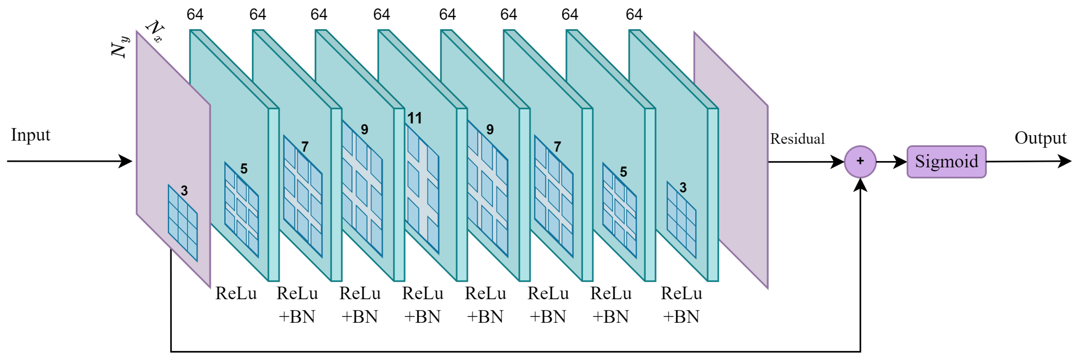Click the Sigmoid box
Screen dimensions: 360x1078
click(x=946, y=162)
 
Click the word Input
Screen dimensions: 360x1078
click(x=31, y=135)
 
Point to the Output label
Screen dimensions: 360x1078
click(x=1040, y=138)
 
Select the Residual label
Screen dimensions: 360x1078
click(x=797, y=139)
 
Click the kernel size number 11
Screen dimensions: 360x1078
click(x=414, y=118)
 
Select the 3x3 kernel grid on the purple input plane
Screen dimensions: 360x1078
click(x=182, y=223)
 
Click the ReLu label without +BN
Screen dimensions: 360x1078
click(x=236, y=294)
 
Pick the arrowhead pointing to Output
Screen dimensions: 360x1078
click(x=1065, y=161)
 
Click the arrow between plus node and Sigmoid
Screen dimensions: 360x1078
click(x=891, y=162)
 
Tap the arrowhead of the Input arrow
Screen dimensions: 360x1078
click(x=125, y=161)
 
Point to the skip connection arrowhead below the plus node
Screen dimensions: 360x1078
click(x=860, y=185)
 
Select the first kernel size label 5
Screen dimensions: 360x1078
click(x=244, y=169)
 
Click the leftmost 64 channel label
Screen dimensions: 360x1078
click(x=195, y=15)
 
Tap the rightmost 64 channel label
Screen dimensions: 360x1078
click(x=634, y=15)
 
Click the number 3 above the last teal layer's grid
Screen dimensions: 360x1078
click(x=683, y=188)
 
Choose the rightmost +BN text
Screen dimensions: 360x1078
click(x=681, y=317)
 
